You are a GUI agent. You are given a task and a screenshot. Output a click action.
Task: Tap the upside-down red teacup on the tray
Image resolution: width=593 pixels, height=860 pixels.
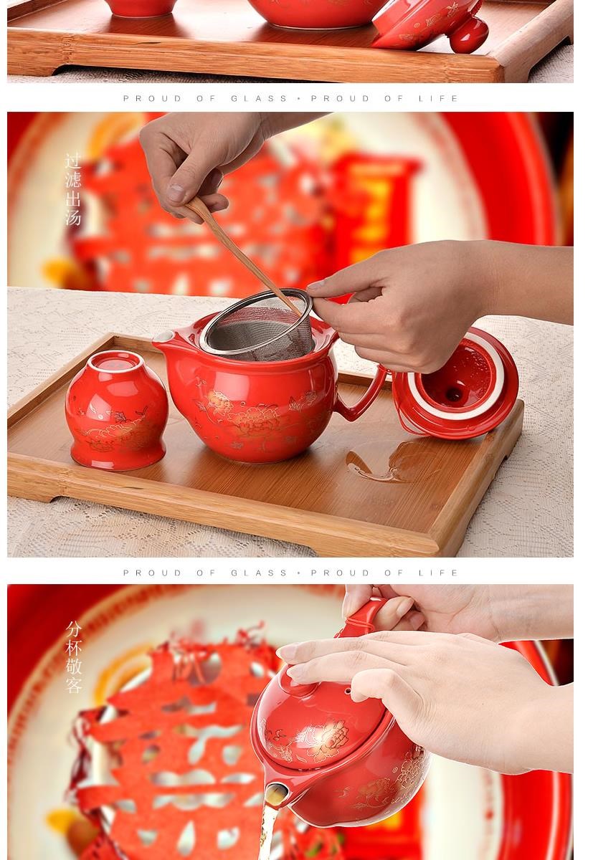[116, 410]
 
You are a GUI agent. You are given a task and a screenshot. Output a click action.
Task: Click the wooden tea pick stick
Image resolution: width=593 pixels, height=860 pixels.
[242, 254]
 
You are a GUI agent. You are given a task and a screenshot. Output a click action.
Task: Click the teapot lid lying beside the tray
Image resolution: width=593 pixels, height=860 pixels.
[455, 384]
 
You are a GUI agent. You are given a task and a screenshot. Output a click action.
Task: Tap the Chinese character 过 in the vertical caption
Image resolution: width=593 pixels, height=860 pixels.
[72, 161]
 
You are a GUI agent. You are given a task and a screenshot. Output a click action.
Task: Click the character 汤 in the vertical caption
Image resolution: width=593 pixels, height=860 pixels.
[72, 218]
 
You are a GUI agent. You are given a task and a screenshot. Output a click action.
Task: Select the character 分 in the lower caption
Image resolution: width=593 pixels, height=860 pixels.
[73, 629]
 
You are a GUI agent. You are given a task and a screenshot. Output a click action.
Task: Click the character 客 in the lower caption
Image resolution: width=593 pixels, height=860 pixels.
[73, 685]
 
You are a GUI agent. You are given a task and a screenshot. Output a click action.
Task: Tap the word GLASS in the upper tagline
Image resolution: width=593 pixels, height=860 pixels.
[259, 99]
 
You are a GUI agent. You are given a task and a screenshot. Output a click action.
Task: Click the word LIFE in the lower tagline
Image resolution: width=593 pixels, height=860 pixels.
[438, 573]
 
